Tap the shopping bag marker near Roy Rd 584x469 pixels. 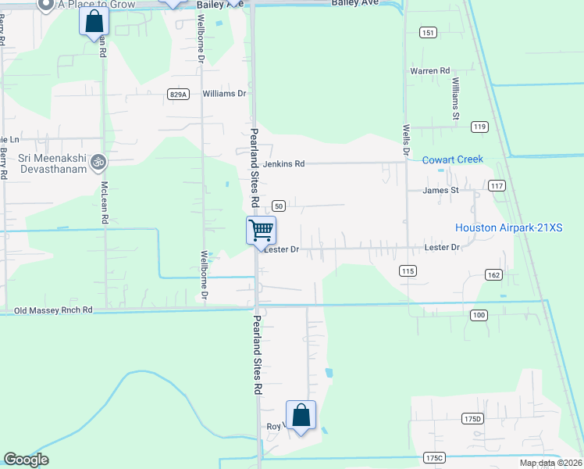click(301, 415)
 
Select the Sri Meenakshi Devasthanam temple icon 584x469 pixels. click(98, 163)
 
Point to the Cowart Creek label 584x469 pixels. click(453, 159)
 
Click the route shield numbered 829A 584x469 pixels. click(179, 94)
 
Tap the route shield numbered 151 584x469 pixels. click(427, 32)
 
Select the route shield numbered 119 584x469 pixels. click(479, 127)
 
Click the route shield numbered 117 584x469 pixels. click(497, 186)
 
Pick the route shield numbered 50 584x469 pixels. click(279, 206)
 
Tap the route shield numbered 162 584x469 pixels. click(493, 274)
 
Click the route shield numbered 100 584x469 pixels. click(479, 314)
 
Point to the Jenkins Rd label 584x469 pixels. click(283, 164)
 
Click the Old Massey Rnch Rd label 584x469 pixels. click(54, 310)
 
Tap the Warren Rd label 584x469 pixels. click(430, 71)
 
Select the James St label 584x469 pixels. click(440, 190)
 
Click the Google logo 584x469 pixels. click(26, 460)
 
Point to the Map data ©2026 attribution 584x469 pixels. click(550, 463)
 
